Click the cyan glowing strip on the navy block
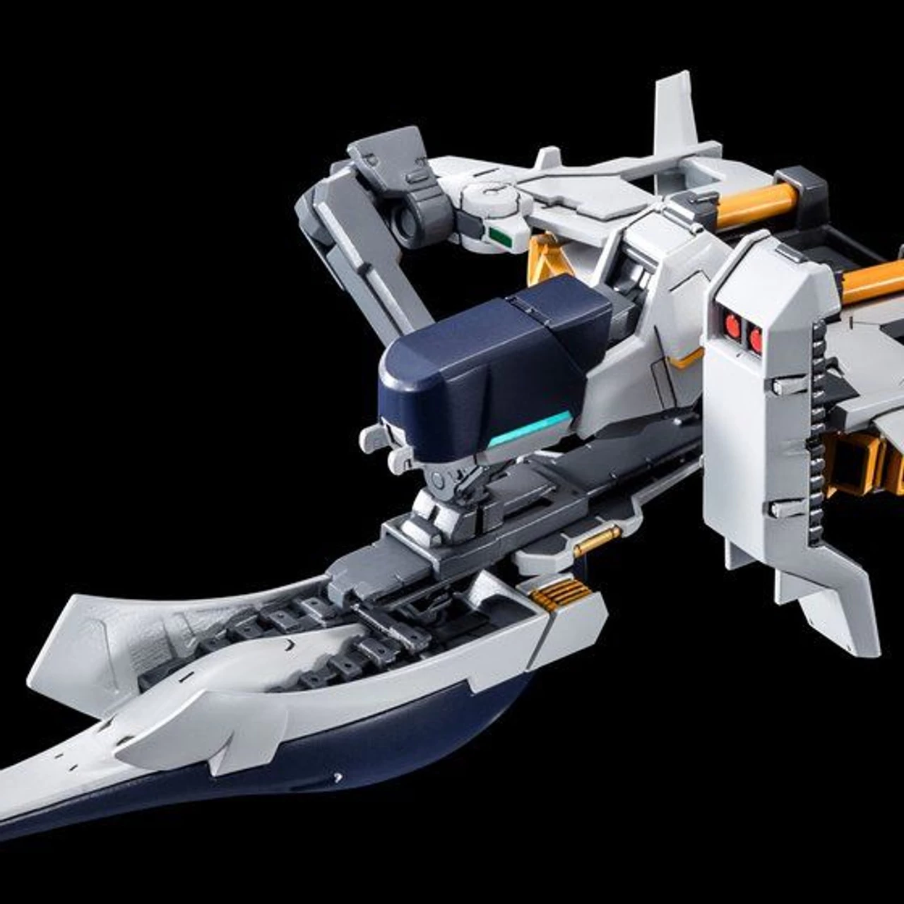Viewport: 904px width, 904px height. pos(530,429)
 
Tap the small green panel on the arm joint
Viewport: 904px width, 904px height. pos(501,236)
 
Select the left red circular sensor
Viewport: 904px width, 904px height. pos(732,326)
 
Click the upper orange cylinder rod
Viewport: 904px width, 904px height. pos(756,202)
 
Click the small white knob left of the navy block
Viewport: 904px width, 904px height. pos(374,438)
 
